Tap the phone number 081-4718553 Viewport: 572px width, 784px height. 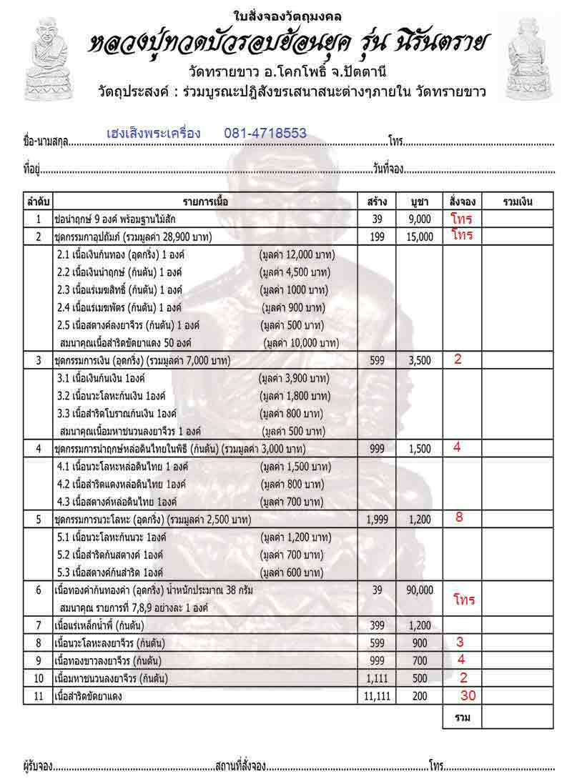pyautogui.click(x=265, y=133)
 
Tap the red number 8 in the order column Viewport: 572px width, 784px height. pyautogui.click(x=459, y=517)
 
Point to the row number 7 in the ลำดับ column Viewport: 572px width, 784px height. pyautogui.click(x=39, y=626)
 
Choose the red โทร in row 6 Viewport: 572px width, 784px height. pyautogui.click(x=464, y=600)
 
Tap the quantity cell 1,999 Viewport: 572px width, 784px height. pyautogui.click(x=378, y=520)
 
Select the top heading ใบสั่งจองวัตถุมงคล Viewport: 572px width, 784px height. pyautogui.click(x=286, y=16)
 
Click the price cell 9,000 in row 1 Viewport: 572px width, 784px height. pyautogui.click(x=420, y=219)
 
